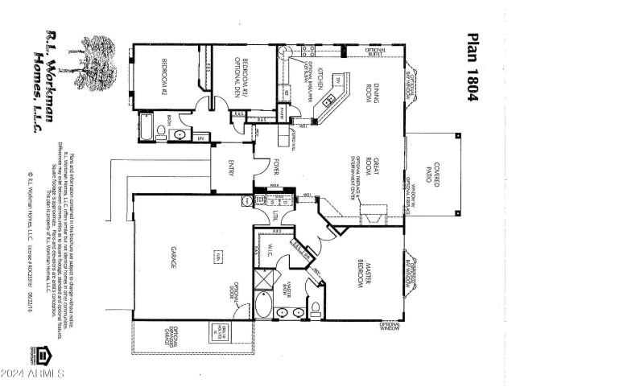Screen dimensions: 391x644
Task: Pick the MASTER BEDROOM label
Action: tap(360, 274)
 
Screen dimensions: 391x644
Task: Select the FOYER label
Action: tap(275, 169)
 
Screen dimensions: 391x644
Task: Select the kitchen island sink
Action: tap(328, 101)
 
